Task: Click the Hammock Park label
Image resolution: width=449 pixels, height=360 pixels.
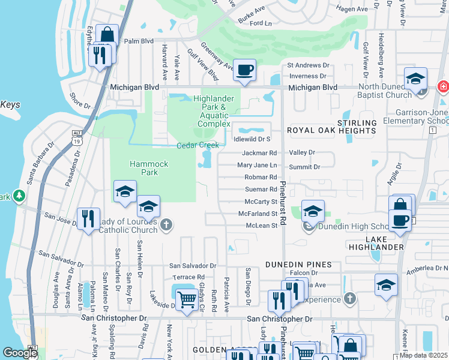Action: [x=144, y=168]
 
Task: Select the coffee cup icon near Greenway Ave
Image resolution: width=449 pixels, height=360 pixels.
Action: [x=244, y=71]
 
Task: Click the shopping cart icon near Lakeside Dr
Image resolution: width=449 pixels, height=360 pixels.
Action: [x=187, y=298]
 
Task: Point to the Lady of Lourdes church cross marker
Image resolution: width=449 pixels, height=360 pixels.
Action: [x=166, y=225]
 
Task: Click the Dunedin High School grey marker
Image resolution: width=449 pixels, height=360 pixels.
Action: [x=309, y=226]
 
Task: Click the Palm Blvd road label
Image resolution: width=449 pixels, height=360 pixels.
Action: [x=139, y=41]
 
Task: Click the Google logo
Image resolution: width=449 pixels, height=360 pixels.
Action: [x=20, y=353]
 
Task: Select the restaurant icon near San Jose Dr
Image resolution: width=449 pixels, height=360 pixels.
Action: [x=89, y=219]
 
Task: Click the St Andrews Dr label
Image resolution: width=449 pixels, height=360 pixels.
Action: [x=308, y=65]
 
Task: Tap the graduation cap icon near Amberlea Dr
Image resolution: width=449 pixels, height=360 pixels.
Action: [x=386, y=286]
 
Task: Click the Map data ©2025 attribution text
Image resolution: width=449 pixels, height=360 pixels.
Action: [x=424, y=355]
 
